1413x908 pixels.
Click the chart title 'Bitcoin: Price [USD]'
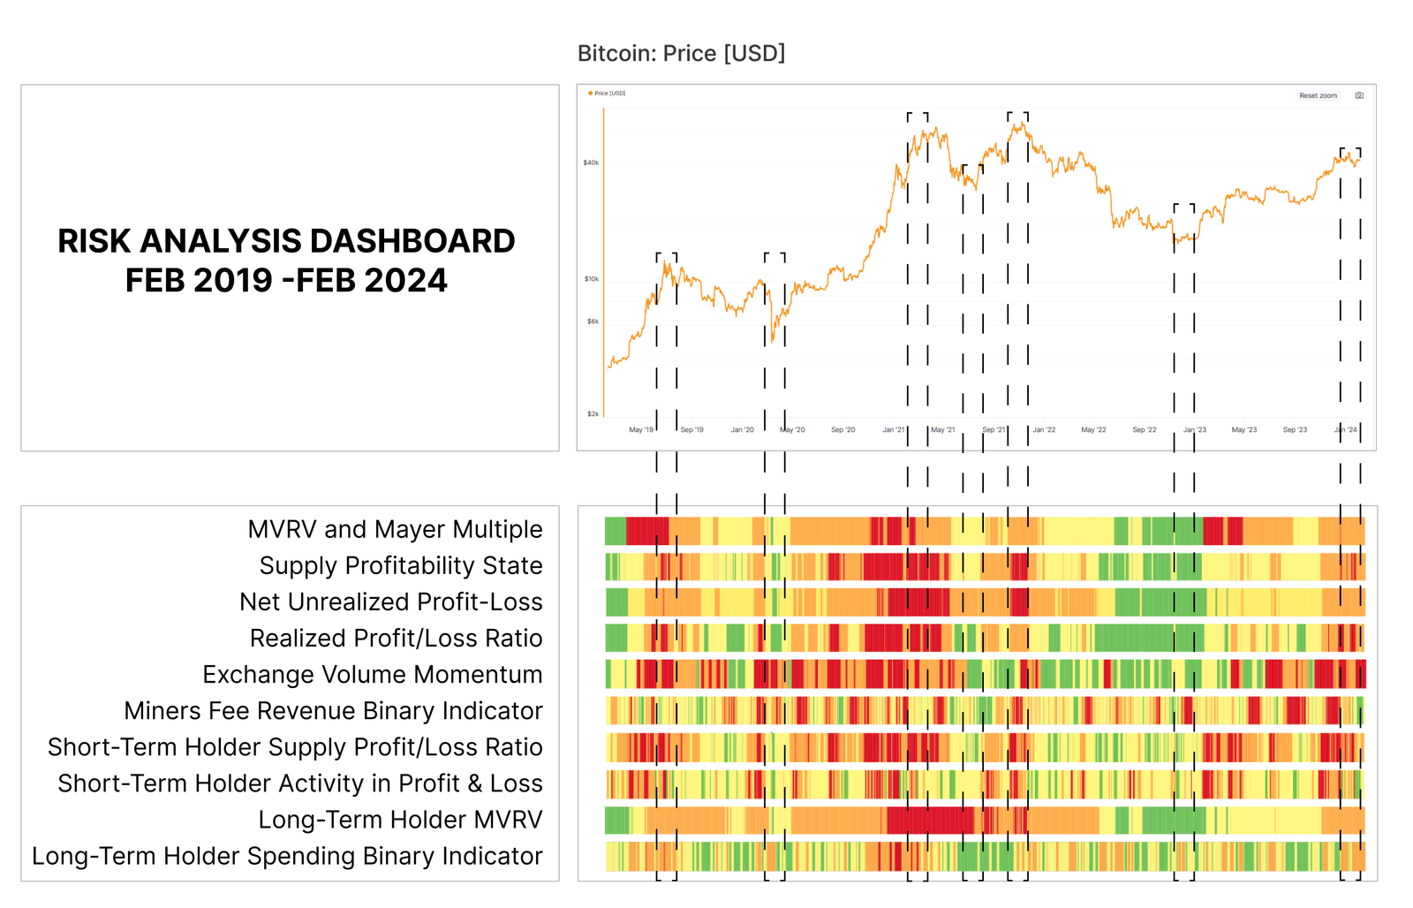(681, 54)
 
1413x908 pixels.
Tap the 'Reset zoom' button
(1318, 95)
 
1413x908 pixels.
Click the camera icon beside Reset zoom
(1359, 95)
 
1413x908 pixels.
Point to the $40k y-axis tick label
(591, 163)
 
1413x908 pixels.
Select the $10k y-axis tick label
(591, 279)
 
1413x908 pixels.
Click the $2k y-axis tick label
(593, 413)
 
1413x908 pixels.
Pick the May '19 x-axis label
(641, 430)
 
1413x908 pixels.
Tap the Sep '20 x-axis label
(843, 430)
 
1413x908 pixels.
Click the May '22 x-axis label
(1093, 430)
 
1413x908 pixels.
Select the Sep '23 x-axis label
(1295, 430)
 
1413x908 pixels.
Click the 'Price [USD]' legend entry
(608, 93)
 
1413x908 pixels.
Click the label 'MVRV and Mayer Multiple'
(395, 529)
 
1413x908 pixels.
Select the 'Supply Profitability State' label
(401, 565)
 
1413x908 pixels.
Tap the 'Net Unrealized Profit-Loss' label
(390, 602)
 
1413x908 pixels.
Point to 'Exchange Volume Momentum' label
(372, 674)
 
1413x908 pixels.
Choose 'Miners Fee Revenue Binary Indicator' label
(333, 710)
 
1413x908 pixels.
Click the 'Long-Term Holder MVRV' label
(400, 820)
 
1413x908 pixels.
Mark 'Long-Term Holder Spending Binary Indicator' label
(287, 856)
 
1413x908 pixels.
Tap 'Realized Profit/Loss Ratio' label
(396, 638)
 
